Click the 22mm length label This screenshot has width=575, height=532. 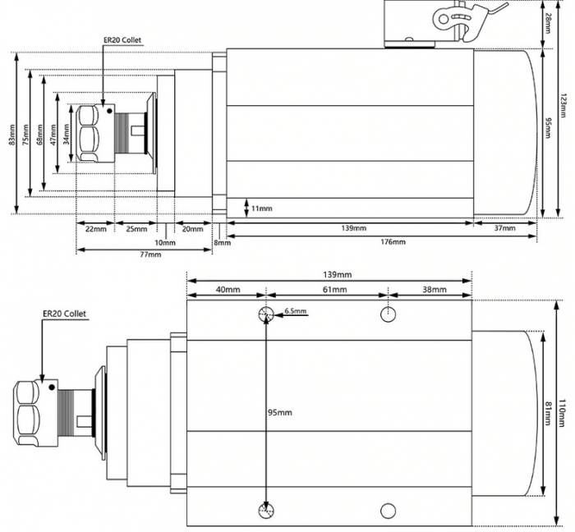pyautogui.click(x=95, y=228)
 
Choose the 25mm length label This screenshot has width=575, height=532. pyautogui.click(x=136, y=228)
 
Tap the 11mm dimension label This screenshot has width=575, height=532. pyautogui.click(x=262, y=209)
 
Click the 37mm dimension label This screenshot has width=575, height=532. pyautogui.click(x=504, y=228)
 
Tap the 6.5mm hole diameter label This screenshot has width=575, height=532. pyautogui.click(x=296, y=311)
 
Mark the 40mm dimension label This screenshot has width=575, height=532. pyautogui.click(x=228, y=290)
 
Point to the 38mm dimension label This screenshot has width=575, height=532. pyautogui.click(x=434, y=290)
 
